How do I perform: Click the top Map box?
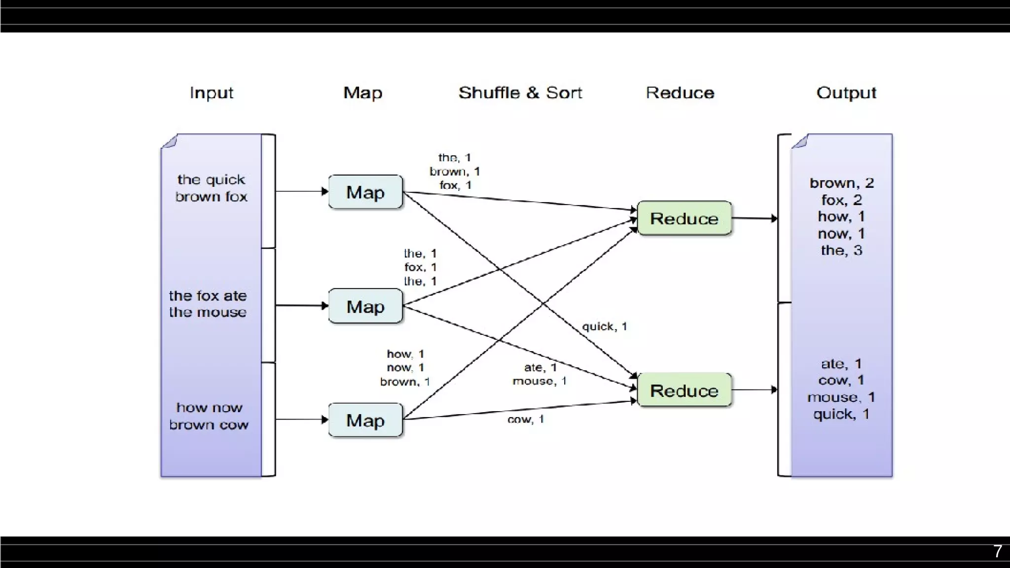(365, 192)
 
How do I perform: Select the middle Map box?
(365, 306)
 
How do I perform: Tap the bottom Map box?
(365, 420)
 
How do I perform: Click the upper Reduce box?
(684, 218)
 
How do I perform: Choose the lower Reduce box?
(684, 390)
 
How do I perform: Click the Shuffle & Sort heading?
(520, 93)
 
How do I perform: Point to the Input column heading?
(211, 93)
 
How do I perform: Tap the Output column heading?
(846, 93)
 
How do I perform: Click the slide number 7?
(997, 551)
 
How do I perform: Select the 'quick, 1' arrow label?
(604, 326)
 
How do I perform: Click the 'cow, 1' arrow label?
(526, 419)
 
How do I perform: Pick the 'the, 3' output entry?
(841, 250)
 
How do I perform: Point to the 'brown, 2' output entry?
(841, 183)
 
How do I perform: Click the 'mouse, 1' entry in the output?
(841, 397)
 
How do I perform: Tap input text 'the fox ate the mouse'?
(208, 304)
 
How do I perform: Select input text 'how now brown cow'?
(209, 416)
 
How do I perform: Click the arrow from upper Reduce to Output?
(755, 218)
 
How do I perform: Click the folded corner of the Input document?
(169, 141)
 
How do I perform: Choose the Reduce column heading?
(680, 93)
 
